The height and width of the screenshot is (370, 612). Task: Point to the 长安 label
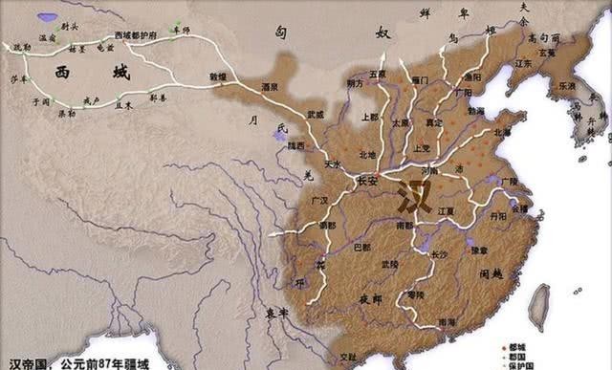(x=367, y=179)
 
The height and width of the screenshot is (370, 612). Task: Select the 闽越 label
(x=493, y=275)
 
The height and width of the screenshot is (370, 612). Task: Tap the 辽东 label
(x=523, y=63)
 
